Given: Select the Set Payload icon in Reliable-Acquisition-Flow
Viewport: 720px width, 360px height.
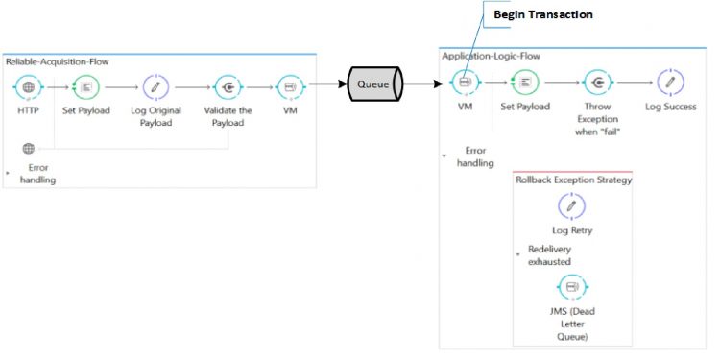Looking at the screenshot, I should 86,87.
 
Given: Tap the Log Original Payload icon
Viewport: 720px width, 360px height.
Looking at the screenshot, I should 156,87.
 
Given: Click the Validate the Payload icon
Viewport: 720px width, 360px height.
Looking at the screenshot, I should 228,87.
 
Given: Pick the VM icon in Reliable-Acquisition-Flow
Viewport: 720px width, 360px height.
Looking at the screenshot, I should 289,87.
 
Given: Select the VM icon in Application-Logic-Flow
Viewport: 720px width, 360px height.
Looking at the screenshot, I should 465,84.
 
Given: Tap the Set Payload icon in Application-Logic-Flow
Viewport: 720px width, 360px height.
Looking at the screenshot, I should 525,84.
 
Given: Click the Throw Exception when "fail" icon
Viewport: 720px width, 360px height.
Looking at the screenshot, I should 596,84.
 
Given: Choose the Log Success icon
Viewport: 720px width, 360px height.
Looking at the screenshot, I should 670,84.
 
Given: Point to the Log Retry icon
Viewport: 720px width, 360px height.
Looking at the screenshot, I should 572,206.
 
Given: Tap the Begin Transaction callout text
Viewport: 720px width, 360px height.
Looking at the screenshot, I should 542,15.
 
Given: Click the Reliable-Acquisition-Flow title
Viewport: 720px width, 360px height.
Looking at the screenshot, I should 57,61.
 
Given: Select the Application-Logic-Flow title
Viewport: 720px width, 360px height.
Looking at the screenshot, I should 491,56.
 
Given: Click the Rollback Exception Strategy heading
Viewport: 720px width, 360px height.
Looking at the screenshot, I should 573,180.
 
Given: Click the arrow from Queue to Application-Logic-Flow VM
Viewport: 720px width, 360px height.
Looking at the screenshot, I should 428,84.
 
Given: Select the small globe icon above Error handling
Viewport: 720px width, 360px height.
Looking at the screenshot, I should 29,149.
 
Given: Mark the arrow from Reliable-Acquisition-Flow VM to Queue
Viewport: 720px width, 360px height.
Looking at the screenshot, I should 326,84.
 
